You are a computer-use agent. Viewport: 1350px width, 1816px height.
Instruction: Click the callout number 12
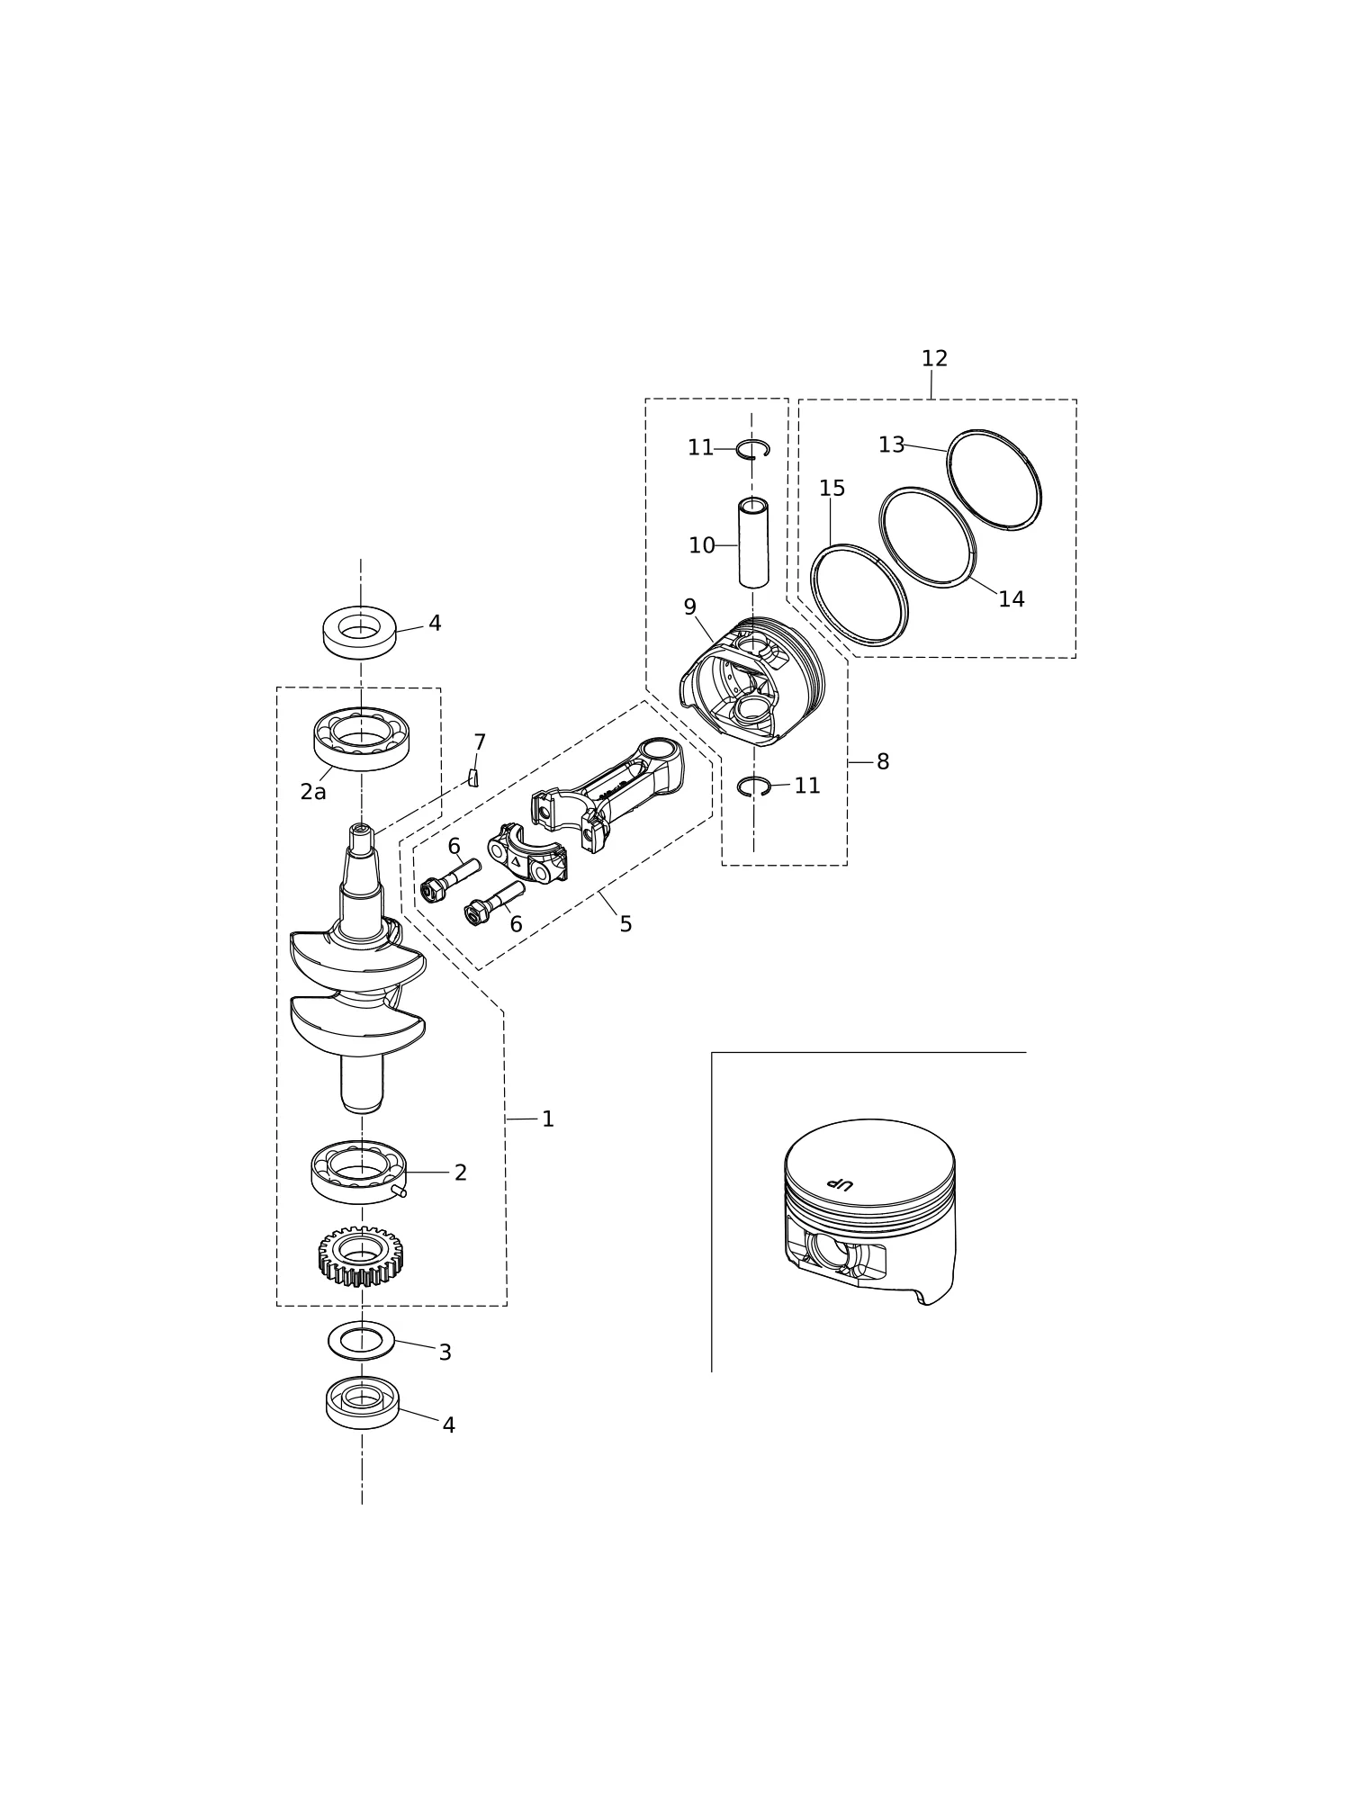point(934,359)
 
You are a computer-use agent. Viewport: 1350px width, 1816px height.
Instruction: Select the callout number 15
point(832,489)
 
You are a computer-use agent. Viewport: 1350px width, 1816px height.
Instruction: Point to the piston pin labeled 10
point(753,543)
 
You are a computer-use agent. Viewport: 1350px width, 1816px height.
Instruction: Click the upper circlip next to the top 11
point(752,442)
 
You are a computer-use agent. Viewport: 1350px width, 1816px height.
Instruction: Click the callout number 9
point(689,607)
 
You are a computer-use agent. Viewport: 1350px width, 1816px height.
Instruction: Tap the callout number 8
point(883,762)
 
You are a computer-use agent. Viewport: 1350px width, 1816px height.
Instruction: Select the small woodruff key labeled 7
point(473,778)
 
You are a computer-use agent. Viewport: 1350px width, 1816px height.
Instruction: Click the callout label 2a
point(313,792)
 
